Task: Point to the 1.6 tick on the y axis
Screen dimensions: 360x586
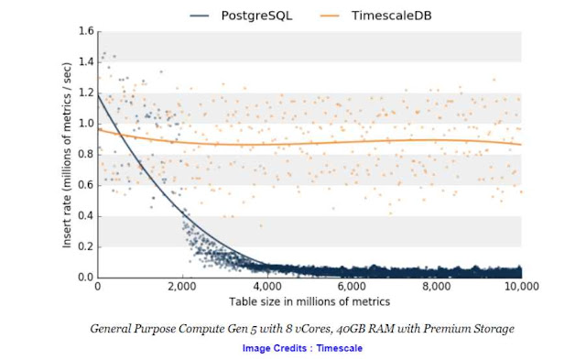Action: click(x=85, y=31)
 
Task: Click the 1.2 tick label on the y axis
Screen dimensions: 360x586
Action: click(x=85, y=93)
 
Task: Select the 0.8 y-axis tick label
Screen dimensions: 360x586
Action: click(x=85, y=154)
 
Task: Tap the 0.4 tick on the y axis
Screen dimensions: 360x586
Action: click(x=85, y=216)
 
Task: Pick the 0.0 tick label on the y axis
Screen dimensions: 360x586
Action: click(x=85, y=278)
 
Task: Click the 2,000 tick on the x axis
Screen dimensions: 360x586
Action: click(x=182, y=288)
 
